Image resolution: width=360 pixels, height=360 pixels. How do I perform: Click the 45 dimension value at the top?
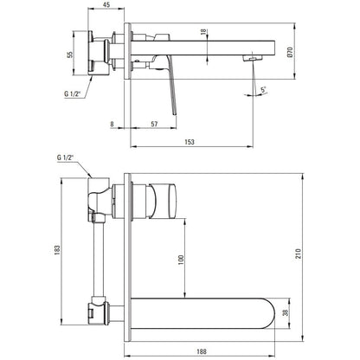coord(106,5)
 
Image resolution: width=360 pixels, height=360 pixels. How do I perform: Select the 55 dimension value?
coord(70,55)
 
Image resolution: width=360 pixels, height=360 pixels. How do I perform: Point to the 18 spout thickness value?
coord(203,32)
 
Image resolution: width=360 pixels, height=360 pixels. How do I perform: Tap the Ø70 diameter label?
coord(290,52)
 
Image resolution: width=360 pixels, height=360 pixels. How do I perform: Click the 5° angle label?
coord(263,90)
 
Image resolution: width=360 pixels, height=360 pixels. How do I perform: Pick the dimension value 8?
coord(112,124)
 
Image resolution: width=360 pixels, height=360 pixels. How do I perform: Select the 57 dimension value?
coord(154,124)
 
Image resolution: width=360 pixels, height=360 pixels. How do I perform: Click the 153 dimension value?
coord(190,142)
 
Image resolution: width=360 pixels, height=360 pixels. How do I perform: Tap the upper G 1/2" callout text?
coord(72,93)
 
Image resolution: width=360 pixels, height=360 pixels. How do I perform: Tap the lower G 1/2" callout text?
coord(65,157)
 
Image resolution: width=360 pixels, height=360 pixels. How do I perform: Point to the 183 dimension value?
coord(57,250)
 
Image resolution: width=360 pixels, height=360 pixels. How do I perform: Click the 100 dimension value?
coord(181,260)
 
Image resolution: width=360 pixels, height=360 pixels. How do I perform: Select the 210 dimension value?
coord(299,254)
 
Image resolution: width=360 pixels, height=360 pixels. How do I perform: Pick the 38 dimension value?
coord(286,312)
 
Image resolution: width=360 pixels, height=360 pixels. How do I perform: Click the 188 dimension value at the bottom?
coord(202,351)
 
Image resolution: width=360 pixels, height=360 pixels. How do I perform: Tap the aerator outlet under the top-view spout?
coord(252,59)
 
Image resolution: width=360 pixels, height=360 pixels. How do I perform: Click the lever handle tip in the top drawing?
coord(175,113)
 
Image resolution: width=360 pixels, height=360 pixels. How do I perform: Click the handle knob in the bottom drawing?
coord(163,201)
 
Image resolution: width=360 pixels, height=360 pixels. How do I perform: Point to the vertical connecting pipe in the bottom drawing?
coord(99,259)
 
